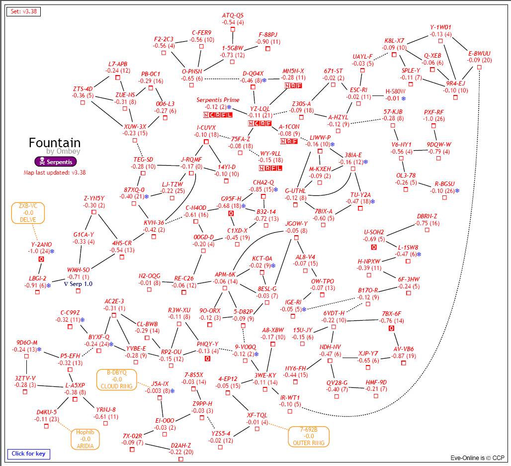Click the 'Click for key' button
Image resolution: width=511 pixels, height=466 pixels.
coord(28,454)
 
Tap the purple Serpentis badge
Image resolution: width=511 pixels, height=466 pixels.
coord(55,162)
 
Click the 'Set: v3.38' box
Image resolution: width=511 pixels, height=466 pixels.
coord(23,11)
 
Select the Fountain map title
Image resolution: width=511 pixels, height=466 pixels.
coord(55,143)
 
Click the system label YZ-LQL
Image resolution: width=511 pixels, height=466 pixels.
coord(259,108)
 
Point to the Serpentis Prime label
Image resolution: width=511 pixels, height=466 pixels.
coord(218,100)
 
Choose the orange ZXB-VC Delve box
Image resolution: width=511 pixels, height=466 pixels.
coord(28,213)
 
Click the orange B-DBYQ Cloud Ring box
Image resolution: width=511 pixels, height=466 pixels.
coord(117,379)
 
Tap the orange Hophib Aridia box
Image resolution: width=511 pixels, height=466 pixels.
coord(85,439)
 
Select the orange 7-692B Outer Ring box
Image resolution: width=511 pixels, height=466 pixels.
coord(308,436)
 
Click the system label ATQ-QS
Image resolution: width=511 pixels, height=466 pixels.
coord(233,15)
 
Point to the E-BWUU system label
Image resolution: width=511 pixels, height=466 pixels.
coord(479,53)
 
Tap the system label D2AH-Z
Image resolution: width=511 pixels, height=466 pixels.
coord(181,445)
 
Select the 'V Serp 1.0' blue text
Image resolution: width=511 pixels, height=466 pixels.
coord(79,283)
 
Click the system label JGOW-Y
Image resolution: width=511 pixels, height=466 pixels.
coord(296,224)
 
